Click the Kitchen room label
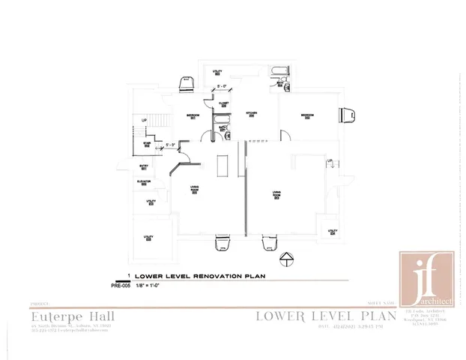coord(252,114)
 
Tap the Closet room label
coord(223,104)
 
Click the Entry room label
coord(144,167)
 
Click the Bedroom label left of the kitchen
coord(192,115)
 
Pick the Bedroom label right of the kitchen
coord(307,115)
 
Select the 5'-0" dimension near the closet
coord(222,87)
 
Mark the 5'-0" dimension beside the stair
coord(170,145)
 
